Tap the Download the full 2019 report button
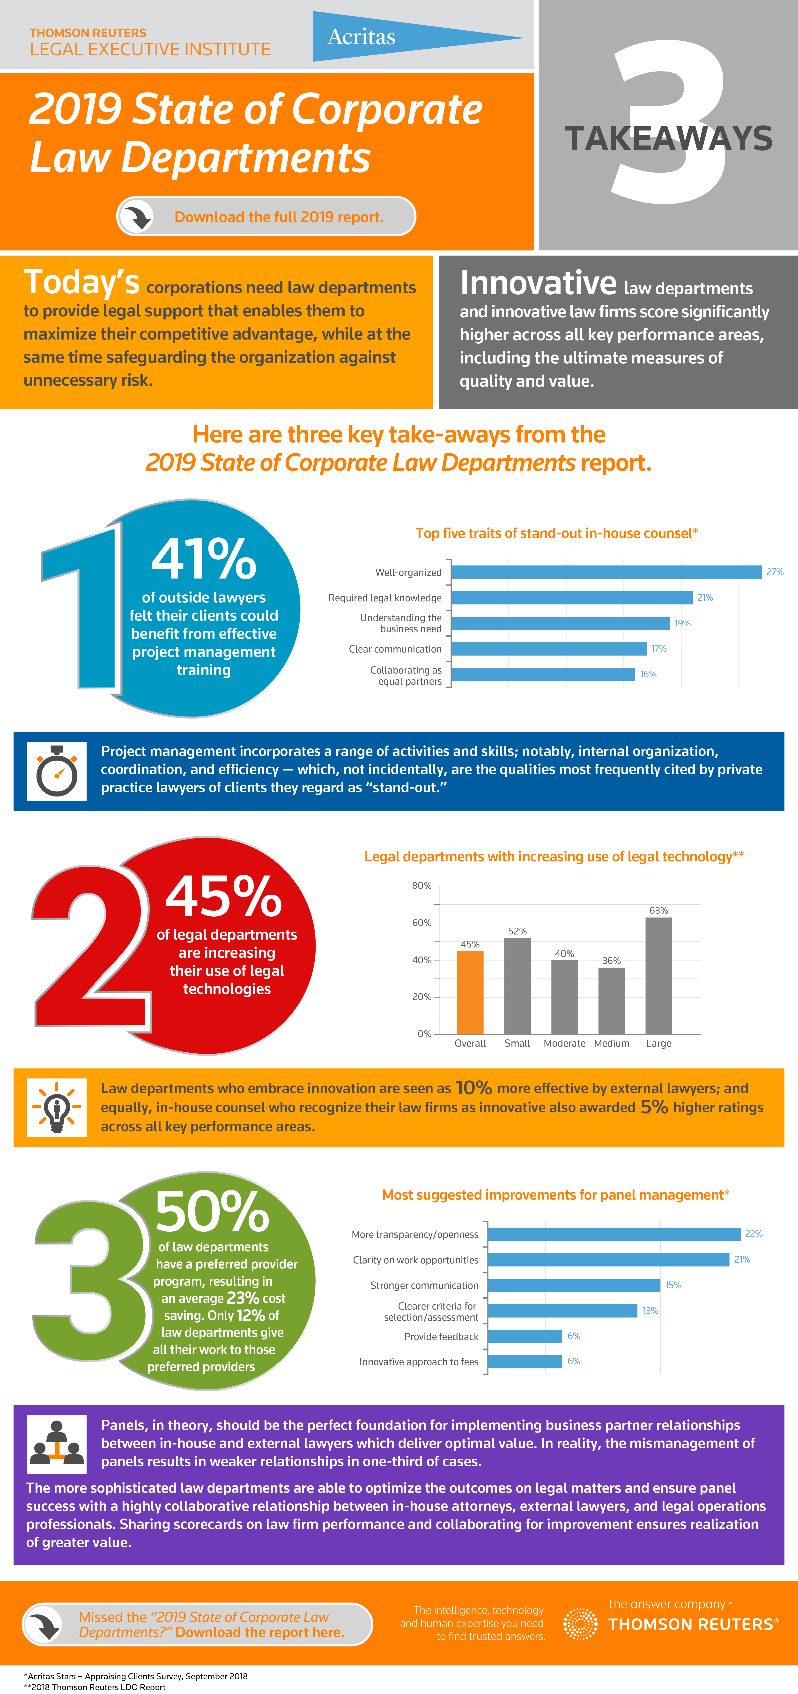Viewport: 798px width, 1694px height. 266,216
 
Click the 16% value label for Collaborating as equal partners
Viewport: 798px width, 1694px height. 648,674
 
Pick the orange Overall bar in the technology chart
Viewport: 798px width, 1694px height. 470,992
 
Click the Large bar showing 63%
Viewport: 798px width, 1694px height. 658,976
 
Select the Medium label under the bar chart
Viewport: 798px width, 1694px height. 611,1044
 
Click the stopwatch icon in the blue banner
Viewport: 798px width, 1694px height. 57,771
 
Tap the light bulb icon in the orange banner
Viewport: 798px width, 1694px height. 57,1108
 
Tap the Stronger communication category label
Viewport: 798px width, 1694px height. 424,1286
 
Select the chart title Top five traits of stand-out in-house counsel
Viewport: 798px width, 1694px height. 556,533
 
